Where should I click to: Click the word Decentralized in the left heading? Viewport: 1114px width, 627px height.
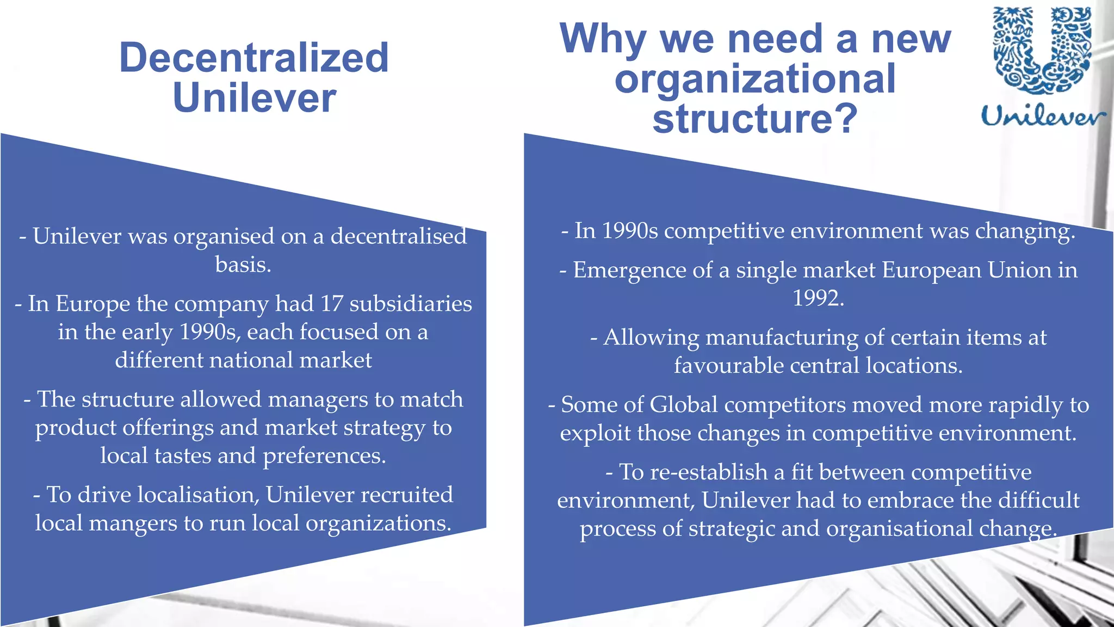tap(253, 58)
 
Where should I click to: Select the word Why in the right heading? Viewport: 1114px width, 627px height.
tap(603, 39)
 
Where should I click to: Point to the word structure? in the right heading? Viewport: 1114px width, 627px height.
tap(755, 119)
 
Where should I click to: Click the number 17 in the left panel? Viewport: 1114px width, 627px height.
tap(331, 304)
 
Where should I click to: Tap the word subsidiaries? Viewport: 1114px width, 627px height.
tap(411, 304)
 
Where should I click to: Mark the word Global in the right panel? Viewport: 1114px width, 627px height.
tap(683, 405)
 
